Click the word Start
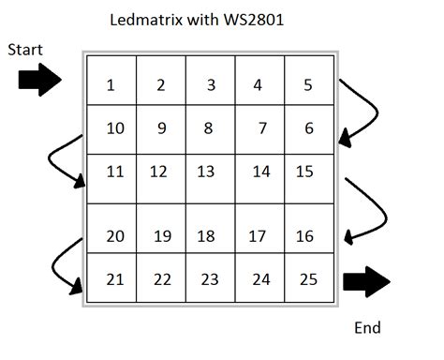pos(25,50)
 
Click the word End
pos(367,328)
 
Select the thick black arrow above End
pos(366,280)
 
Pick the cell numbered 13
pos(206,172)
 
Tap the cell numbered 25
pos(308,278)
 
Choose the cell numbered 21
pos(115,278)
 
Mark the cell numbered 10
pos(115,128)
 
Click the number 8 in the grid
pos(208,128)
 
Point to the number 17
pos(258,236)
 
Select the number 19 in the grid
pos(162,236)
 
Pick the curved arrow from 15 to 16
pos(367,211)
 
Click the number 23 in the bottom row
pos(210,279)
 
